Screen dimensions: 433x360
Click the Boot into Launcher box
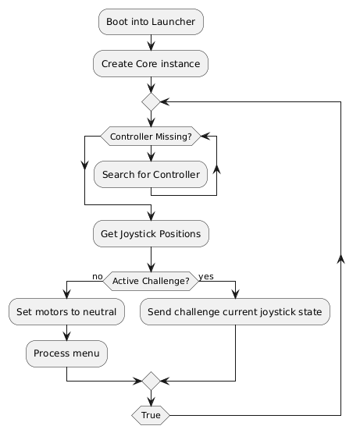[151, 22]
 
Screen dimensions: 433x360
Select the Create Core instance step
[151, 62]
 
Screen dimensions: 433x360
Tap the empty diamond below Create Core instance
[151, 101]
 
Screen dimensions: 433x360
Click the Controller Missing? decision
[151, 137]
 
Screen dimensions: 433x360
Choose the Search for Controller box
[151, 175]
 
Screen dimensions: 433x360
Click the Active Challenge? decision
[151, 280]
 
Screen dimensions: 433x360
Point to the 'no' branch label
[97, 275]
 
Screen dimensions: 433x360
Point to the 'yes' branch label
[206, 275]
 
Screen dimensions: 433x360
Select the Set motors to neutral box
[67, 313]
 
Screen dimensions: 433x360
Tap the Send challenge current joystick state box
[235, 313]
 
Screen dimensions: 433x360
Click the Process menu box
[67, 353]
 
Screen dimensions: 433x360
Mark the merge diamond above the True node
[151, 382]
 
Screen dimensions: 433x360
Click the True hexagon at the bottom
[151, 416]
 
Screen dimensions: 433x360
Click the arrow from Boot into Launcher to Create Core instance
[151, 42]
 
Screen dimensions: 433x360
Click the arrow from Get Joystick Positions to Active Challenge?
[151, 257]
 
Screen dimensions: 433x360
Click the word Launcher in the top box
[172, 22]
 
